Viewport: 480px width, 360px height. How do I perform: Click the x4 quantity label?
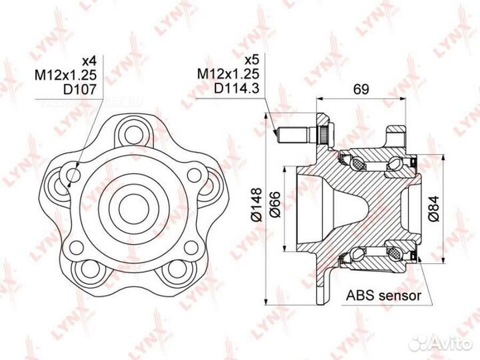click(89, 61)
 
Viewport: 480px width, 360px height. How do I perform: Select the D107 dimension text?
click(79, 89)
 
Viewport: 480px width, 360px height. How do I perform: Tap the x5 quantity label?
click(252, 60)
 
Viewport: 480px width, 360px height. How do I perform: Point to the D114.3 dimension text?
click(237, 88)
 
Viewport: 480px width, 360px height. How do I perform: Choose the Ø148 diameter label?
click(257, 204)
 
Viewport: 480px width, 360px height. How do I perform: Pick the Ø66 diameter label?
click(275, 204)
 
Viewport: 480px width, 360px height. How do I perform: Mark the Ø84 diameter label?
click(434, 209)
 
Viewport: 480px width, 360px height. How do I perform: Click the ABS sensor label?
click(383, 295)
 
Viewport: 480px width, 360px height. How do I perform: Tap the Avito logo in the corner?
click(440, 343)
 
